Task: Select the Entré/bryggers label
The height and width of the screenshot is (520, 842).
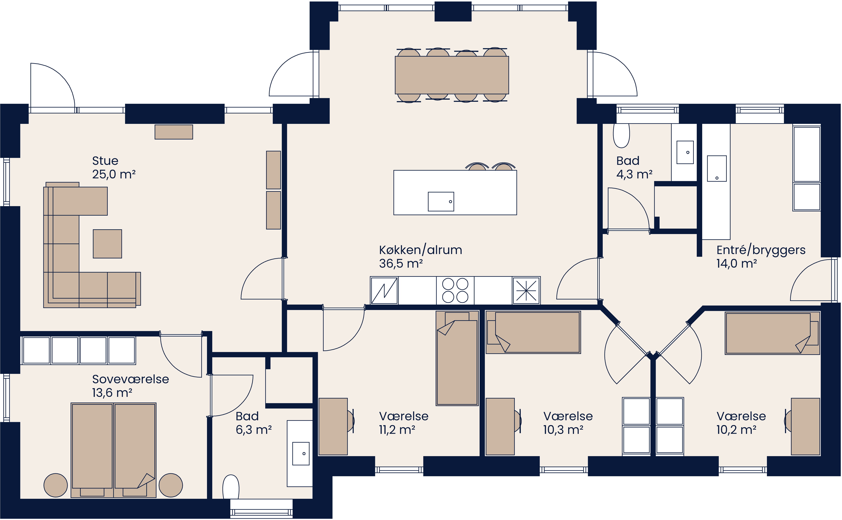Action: click(760, 250)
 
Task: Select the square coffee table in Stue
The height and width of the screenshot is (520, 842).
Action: click(107, 244)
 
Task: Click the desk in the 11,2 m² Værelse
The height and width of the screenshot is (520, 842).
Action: click(333, 426)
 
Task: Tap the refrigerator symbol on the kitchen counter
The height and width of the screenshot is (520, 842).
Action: click(384, 291)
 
